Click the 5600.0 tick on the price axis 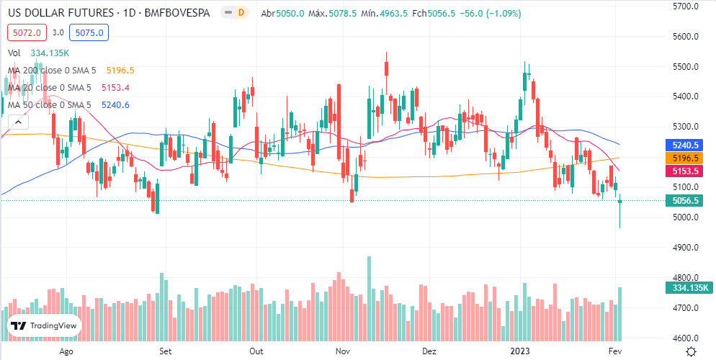point(685,37)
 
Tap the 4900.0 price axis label point(685,248)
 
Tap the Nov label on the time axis point(342,351)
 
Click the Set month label point(165,351)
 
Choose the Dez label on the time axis point(429,351)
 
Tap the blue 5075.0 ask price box point(89,32)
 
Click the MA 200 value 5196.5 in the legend point(120,71)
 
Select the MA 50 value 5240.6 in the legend point(115,105)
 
